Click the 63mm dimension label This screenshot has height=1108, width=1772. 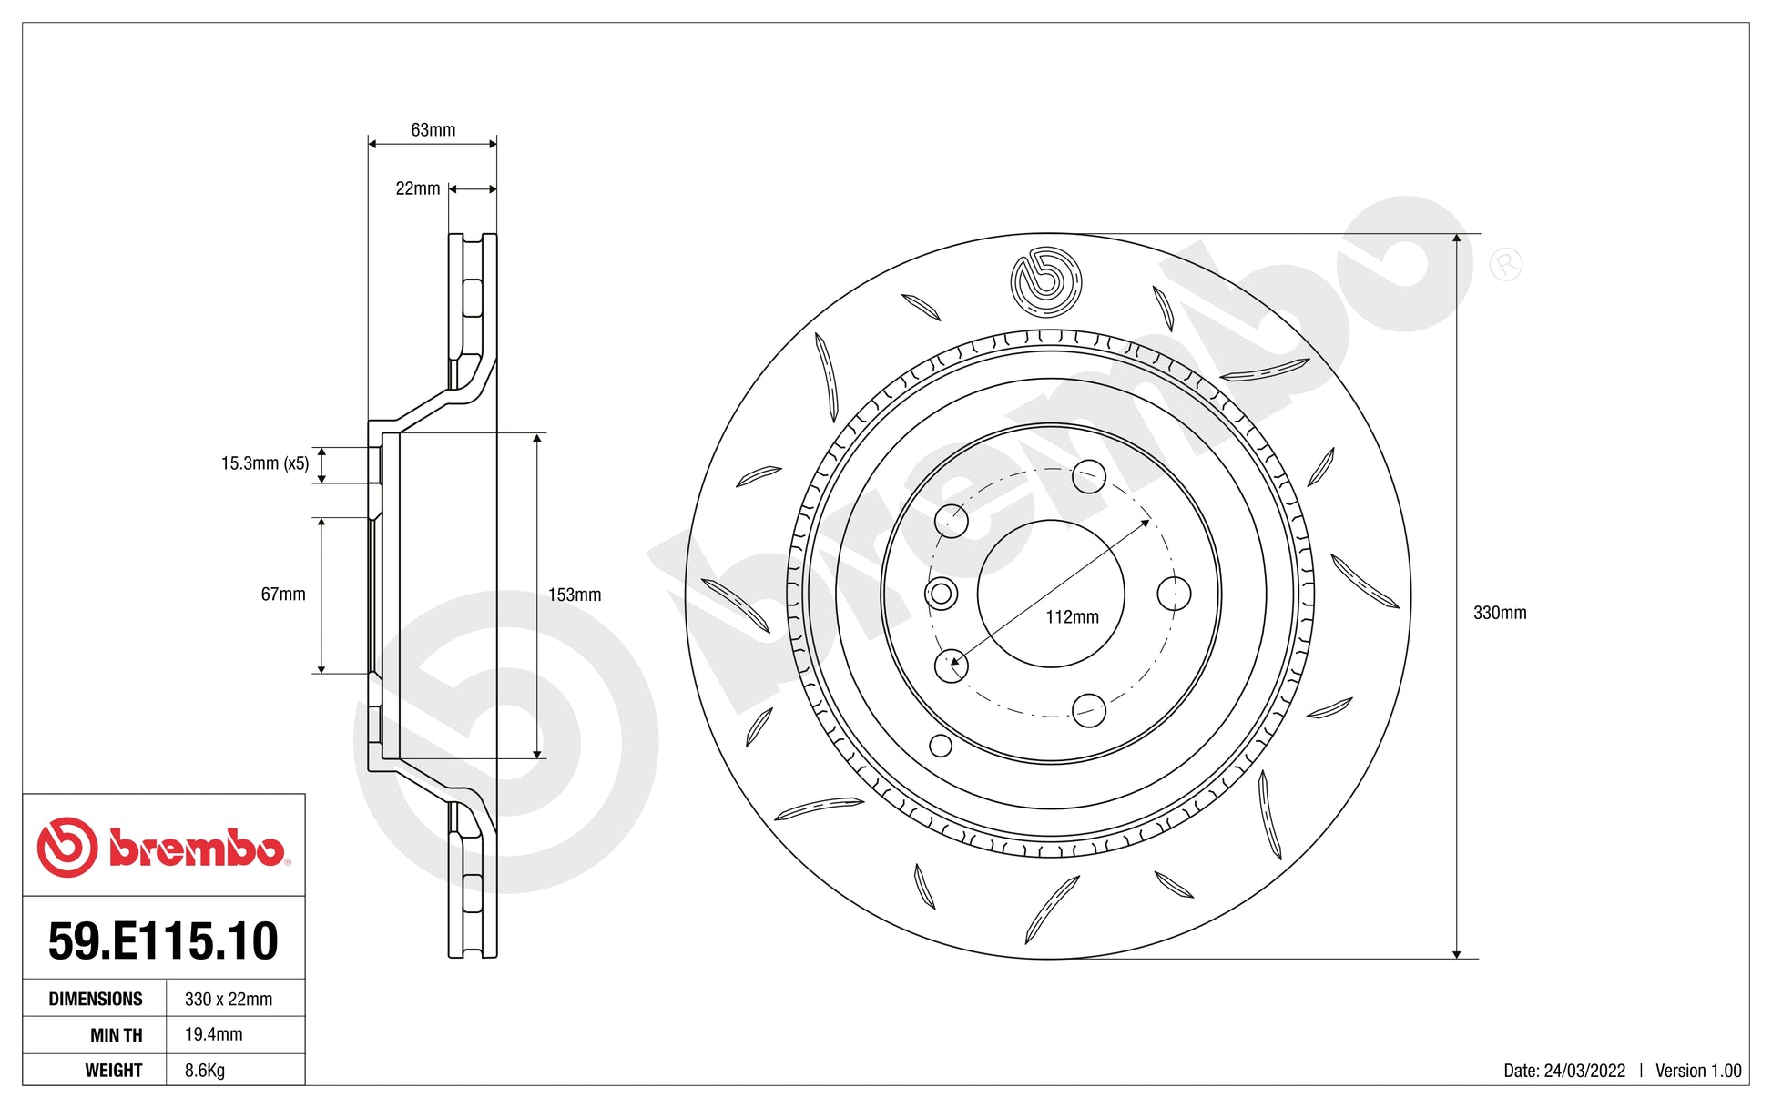(433, 130)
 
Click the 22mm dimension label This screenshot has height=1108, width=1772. (417, 188)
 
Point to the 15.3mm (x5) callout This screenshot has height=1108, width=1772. (265, 463)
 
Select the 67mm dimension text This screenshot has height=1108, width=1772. (283, 595)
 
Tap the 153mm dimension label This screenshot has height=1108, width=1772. (575, 595)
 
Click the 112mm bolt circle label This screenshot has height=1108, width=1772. (1072, 617)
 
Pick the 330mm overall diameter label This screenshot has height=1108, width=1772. (1500, 614)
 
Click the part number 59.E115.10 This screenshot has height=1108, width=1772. (163, 941)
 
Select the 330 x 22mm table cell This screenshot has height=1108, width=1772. (229, 1000)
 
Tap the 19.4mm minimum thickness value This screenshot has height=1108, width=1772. (214, 1035)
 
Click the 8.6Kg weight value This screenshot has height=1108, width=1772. (205, 1071)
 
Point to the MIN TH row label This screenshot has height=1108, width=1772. (116, 1036)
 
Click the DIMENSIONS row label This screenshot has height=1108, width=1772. (96, 1000)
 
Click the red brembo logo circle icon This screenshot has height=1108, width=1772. (67, 848)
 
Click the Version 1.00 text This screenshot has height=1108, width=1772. (1698, 1072)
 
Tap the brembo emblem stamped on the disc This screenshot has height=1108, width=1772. (1045, 281)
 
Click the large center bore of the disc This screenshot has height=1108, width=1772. (1050, 594)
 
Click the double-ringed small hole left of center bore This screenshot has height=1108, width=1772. (942, 595)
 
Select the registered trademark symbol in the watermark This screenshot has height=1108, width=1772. (1505, 265)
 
